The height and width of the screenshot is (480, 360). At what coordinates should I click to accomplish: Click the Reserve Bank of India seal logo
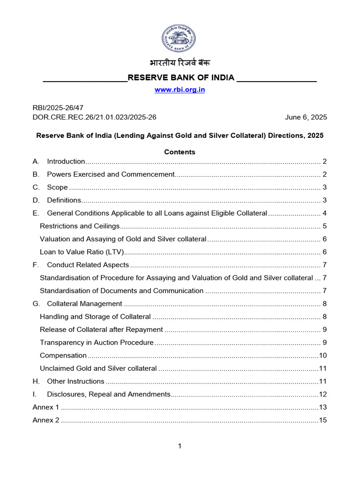(180, 38)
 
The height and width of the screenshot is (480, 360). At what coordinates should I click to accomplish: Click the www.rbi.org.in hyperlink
(180, 90)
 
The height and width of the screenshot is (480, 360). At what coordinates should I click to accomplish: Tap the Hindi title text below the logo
(180, 63)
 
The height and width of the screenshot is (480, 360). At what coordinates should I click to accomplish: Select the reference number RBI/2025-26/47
(58, 107)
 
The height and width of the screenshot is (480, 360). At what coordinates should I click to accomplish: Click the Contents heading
(180, 152)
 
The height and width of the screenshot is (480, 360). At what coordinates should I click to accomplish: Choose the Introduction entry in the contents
(66, 162)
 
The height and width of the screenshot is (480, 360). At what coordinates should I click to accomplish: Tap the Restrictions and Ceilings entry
(80, 226)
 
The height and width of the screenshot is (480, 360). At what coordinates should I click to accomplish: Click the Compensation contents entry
(63, 355)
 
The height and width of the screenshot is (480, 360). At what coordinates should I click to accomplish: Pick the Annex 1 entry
(46, 407)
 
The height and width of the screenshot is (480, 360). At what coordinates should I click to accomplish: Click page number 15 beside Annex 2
(322, 420)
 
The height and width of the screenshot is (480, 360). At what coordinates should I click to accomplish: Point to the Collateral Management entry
(84, 304)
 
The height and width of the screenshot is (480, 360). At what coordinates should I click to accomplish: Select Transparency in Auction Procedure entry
(97, 343)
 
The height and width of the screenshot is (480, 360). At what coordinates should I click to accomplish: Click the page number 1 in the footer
(180, 446)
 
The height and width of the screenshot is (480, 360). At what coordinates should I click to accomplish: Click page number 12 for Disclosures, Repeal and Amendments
(322, 394)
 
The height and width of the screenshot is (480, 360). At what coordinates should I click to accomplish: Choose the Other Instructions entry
(75, 381)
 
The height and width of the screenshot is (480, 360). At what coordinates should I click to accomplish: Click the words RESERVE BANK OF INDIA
(181, 78)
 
